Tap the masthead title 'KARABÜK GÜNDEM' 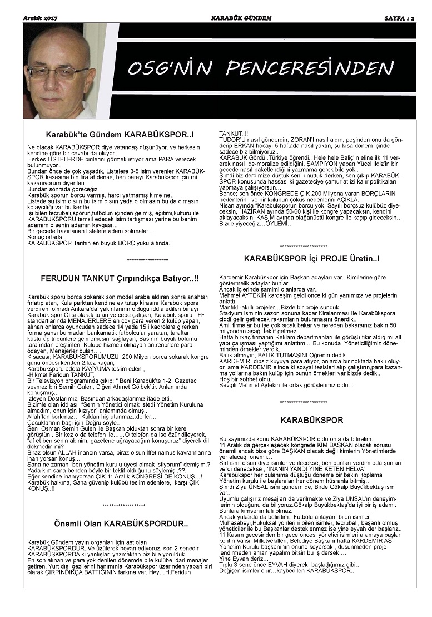[241, 18]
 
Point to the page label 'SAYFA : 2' [400, 18]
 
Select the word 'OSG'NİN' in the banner [170, 68]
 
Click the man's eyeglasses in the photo [58, 73]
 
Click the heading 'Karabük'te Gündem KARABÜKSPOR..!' [120, 135]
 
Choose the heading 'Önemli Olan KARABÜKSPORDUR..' [121, 524]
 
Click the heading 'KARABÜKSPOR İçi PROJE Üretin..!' [311, 259]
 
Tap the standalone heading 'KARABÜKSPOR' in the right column [311, 420]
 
